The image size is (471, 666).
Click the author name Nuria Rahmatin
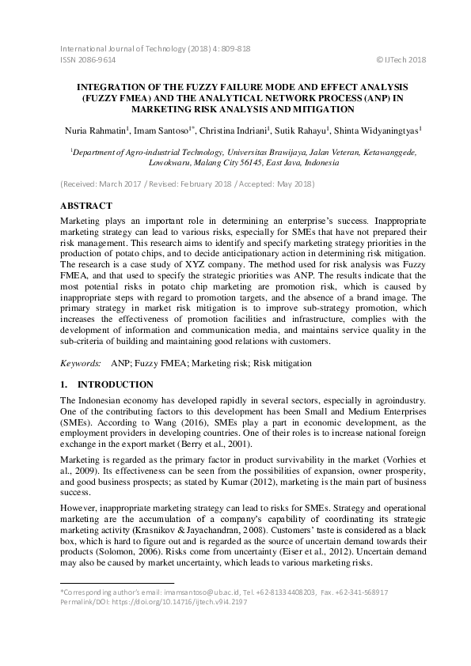point(93,130)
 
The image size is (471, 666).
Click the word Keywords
point(80,363)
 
